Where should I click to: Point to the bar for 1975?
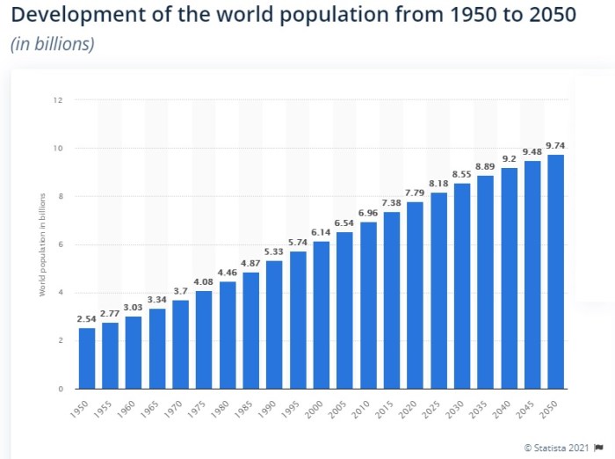tap(204, 339)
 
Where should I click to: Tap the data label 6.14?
tap(322, 233)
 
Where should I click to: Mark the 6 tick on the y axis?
tap(60, 244)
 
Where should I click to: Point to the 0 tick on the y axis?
tap(60, 389)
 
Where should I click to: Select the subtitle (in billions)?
tap(52, 45)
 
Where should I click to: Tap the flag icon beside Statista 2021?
tap(598, 448)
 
